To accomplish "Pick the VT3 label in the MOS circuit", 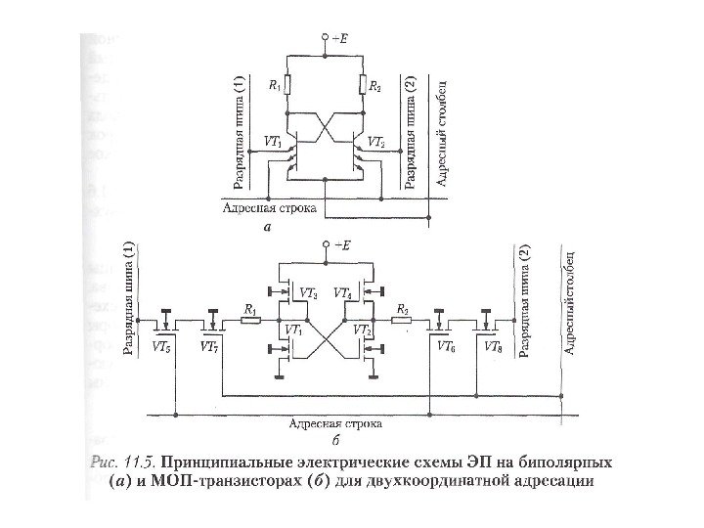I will [307, 292].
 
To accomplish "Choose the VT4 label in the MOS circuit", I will [342, 292].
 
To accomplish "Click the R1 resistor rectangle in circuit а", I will [286, 85].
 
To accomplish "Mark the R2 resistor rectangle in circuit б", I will [401, 320].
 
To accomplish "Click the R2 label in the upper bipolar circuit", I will [376, 86].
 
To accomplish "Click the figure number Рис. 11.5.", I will [121, 461].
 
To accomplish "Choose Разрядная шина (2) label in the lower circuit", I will [524, 304].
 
